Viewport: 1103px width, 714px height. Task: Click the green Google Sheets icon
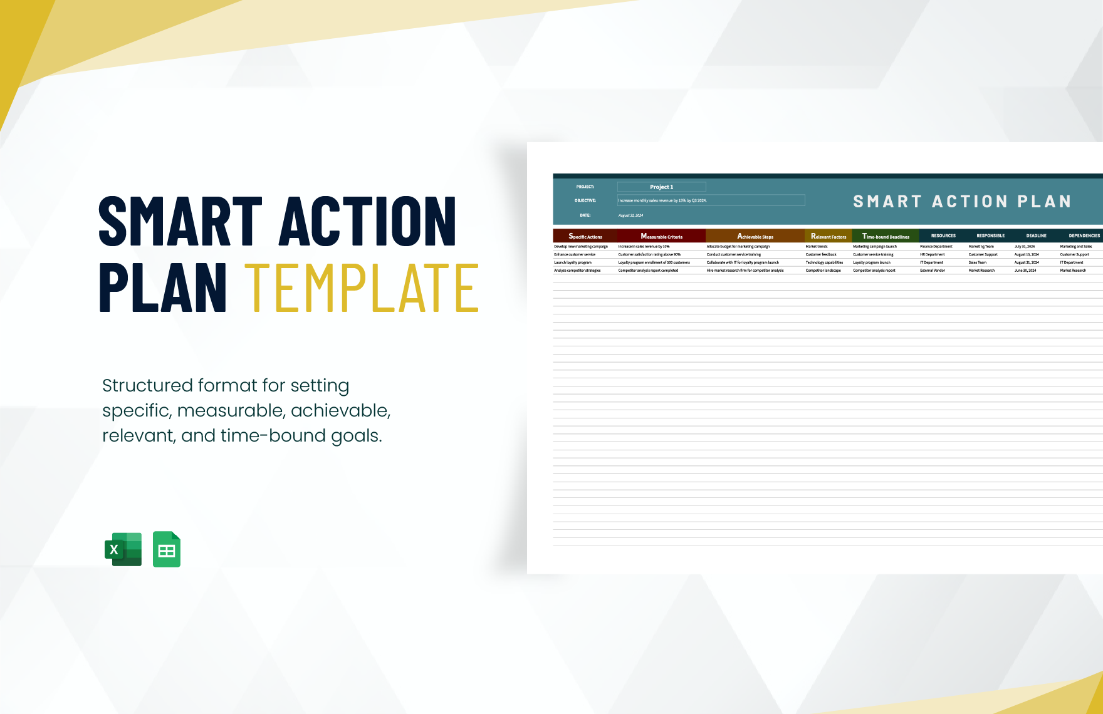[167, 549]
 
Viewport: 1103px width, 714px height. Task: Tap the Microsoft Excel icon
[123, 549]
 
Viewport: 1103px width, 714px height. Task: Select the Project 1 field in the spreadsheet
[661, 187]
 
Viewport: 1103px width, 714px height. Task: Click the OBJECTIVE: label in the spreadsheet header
[585, 200]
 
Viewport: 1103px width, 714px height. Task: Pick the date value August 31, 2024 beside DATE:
[630, 215]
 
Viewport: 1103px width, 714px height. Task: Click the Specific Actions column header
[585, 236]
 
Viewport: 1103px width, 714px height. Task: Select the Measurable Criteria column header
[661, 236]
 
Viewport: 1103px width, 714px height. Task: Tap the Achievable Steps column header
[755, 236]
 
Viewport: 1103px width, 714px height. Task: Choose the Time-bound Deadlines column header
[886, 236]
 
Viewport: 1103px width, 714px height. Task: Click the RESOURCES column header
[943, 236]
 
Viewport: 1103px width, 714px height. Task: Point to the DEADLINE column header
[1036, 236]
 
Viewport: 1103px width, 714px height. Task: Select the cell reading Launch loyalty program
[573, 262]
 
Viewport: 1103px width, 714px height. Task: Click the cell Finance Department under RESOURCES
[936, 247]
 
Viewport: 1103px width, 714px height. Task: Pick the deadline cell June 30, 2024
[1025, 271]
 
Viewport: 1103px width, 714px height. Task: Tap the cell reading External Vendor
[933, 271]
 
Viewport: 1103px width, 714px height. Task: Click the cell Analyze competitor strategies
[577, 271]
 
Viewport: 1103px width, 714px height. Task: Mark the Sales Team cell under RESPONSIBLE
[977, 262]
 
